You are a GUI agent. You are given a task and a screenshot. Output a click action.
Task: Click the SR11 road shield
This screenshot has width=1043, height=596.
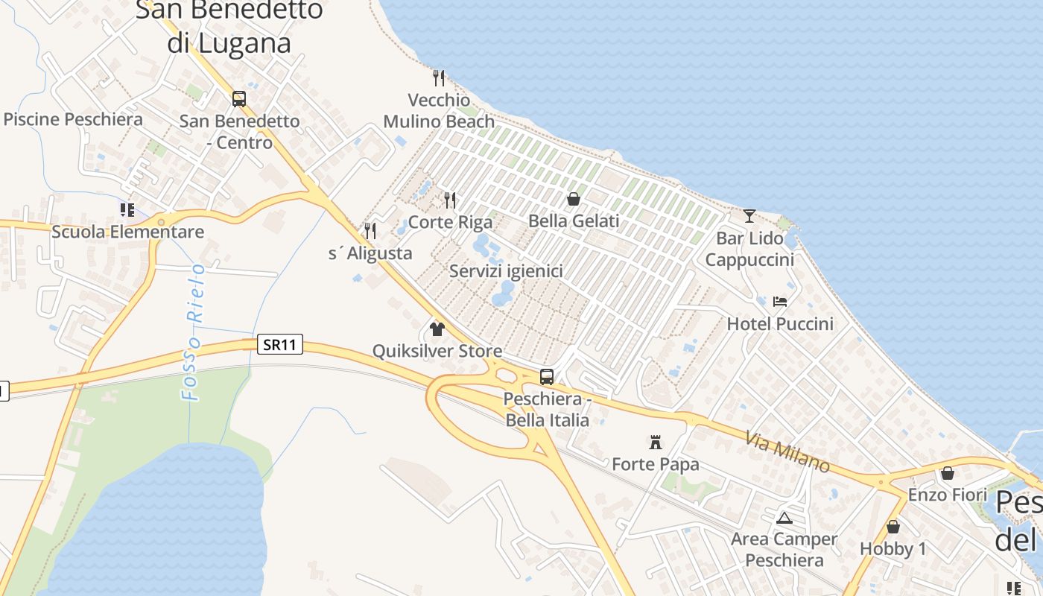(280, 344)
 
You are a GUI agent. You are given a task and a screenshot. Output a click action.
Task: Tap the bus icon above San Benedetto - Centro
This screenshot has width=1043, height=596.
(239, 98)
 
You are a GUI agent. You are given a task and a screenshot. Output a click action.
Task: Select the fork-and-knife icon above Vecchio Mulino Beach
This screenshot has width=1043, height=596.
(439, 77)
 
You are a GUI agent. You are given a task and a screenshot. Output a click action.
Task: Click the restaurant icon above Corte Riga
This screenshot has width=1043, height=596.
(450, 200)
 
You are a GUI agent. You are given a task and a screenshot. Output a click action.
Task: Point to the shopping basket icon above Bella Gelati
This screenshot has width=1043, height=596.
(574, 199)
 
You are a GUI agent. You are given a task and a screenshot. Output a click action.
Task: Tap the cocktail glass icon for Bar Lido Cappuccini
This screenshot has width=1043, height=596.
(749, 216)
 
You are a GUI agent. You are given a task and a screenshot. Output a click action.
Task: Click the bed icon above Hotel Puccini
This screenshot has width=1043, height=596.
(780, 301)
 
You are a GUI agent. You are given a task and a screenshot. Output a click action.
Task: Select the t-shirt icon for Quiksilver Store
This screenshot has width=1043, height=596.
(437, 329)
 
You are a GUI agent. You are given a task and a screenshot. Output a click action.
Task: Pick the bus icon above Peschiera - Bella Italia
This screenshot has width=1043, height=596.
(547, 376)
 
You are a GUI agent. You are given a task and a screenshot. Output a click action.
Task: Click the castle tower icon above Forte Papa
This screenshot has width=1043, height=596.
(656, 442)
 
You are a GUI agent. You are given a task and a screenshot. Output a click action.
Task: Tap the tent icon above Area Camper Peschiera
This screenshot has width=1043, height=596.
(784, 517)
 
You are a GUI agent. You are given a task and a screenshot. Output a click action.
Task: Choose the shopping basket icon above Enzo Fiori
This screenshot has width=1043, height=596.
(947, 473)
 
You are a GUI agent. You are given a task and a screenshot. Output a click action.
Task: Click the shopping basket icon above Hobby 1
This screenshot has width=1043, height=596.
(893, 527)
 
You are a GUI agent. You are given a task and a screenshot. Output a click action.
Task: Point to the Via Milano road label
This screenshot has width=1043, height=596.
(787, 451)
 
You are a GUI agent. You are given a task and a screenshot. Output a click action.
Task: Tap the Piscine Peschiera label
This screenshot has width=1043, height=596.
(73, 119)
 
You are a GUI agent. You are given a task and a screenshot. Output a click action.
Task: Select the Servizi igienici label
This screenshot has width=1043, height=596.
(506, 271)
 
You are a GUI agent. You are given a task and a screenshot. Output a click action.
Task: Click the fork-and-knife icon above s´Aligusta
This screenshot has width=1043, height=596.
(370, 231)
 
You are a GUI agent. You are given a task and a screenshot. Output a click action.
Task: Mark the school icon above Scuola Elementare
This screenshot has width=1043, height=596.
(127, 210)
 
